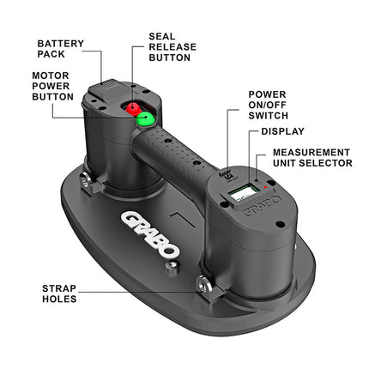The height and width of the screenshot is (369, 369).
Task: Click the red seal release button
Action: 133,108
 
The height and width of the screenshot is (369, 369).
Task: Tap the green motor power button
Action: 145,118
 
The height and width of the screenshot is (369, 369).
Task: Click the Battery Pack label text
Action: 61,49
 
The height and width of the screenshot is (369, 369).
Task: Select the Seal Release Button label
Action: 172,47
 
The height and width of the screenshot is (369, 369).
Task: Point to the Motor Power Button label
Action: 52,86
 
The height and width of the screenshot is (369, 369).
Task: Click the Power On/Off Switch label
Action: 268,105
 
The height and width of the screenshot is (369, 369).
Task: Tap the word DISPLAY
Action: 283,131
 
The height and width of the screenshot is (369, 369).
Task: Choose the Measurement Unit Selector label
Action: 312,158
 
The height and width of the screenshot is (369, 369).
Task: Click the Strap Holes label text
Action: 59,293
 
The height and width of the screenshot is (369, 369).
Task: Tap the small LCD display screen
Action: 243,193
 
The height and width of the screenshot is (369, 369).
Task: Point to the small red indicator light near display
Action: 266,187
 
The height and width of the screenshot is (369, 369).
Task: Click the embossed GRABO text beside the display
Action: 261,204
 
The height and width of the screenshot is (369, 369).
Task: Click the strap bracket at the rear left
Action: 89,184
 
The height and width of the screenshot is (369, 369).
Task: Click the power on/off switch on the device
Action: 229,176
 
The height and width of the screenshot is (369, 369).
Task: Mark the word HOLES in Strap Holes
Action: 59,299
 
